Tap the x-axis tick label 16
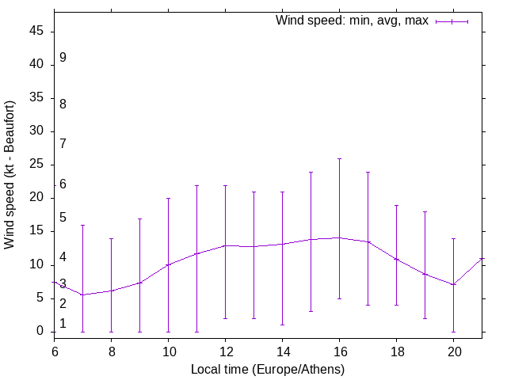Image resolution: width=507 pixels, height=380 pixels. point(339,350)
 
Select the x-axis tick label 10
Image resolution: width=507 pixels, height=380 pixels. point(168,350)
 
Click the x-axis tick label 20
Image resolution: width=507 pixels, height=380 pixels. point(453,350)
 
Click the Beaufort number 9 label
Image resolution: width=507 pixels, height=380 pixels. point(63,58)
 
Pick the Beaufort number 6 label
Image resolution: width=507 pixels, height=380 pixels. point(63,184)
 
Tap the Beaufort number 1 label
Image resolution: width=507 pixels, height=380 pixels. point(63,324)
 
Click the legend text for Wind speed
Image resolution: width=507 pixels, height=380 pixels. point(352,21)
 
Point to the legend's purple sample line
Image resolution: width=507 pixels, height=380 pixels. point(452,21)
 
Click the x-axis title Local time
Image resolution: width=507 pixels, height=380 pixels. point(268,369)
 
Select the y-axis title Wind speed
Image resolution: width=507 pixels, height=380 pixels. point(10,174)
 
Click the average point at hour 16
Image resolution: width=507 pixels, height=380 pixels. point(339,237)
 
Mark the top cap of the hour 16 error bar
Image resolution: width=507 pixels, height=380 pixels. point(339,158)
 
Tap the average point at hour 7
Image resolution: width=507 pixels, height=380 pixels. point(82,294)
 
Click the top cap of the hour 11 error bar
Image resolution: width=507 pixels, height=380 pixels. point(196,185)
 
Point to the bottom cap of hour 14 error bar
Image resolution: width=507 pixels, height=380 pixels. point(282,325)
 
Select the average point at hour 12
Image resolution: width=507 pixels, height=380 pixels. point(225,245)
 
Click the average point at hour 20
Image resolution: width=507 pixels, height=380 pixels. point(453,284)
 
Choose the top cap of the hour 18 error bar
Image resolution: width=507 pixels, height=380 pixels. point(396,205)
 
